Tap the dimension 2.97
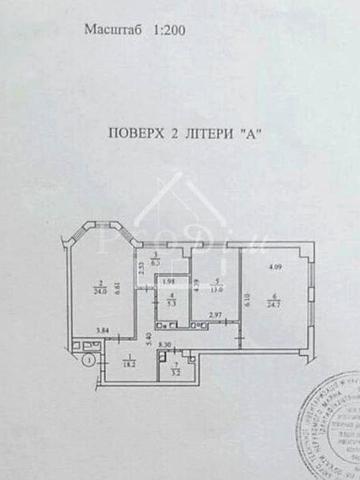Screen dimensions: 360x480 [x=214, y=317]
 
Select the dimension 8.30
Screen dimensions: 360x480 [x=165, y=346]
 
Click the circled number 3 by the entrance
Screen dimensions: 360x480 [x=89, y=357]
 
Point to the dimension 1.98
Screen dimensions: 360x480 [x=171, y=280]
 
